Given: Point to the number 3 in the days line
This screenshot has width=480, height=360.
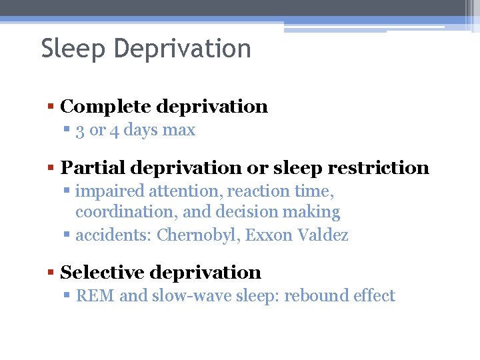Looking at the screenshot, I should [x=80, y=130].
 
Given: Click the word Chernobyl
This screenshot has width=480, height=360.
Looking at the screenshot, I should [x=198, y=235].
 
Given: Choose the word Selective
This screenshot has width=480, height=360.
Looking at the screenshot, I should [x=101, y=273].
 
